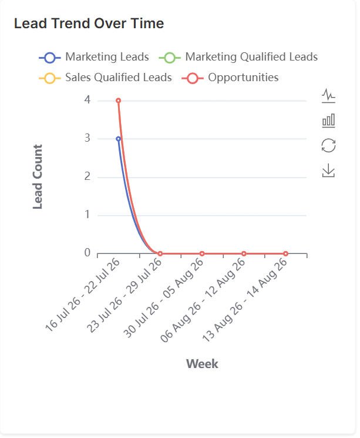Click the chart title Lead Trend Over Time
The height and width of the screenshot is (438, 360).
tap(89, 23)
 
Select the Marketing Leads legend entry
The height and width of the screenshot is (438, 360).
tap(94, 57)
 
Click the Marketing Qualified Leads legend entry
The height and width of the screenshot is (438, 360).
tap(238, 57)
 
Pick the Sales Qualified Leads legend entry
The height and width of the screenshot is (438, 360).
tap(105, 78)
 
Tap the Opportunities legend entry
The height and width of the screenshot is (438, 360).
tap(230, 78)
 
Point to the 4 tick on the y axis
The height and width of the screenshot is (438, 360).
tap(88, 100)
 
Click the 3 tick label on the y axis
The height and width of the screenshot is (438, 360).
tap(88, 138)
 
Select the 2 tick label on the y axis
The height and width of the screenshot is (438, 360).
tap(88, 176)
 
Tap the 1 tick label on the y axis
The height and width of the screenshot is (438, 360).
tap(88, 215)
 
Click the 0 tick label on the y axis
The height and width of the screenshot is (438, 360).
tap(88, 253)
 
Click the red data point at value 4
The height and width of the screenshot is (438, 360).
tap(118, 101)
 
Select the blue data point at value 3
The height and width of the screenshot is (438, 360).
tap(118, 139)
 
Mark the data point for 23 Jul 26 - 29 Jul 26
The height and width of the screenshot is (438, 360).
tap(160, 253)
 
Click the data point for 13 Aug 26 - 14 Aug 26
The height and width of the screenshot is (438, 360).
tap(285, 253)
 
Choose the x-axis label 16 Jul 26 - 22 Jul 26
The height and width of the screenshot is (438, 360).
tap(82, 295)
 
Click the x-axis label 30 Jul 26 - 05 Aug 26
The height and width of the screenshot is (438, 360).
tap(163, 297)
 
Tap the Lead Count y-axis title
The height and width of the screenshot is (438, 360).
tap(38, 176)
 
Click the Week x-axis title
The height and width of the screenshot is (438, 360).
tap(202, 364)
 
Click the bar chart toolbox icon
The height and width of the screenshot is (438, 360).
tap(328, 121)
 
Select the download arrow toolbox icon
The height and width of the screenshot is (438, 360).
tap(328, 170)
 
